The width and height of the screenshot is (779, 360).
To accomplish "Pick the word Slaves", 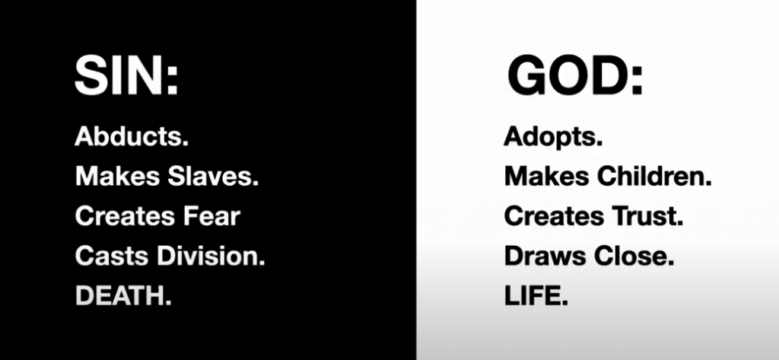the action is point(213,176).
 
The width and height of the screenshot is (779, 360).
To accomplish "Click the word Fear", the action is point(211,216).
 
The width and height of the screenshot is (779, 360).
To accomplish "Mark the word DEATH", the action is point(123,296).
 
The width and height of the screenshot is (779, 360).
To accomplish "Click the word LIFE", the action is point(536,296).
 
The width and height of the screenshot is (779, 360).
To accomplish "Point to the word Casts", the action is point(113,256).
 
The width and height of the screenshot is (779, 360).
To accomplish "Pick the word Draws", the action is point(545,256).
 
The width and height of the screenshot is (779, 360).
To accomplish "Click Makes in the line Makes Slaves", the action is point(118,176).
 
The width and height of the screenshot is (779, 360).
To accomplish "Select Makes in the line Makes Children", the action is point(547,176).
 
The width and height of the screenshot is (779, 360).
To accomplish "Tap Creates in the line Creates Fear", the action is point(126,216).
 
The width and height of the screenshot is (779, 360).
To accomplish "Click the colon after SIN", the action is point(172,81).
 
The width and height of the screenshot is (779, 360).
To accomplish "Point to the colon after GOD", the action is point(638,81).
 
